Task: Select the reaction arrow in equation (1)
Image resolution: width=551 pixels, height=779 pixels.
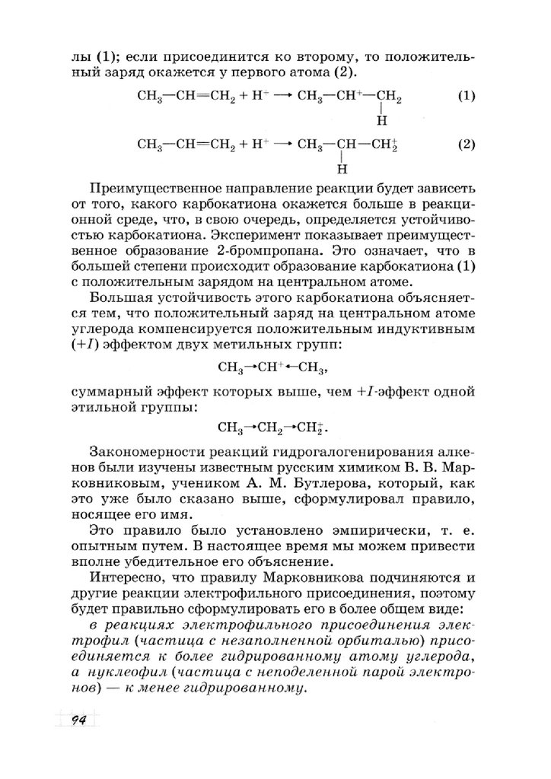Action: pos(279,97)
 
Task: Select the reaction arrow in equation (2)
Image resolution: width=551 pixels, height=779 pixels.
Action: pos(279,145)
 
